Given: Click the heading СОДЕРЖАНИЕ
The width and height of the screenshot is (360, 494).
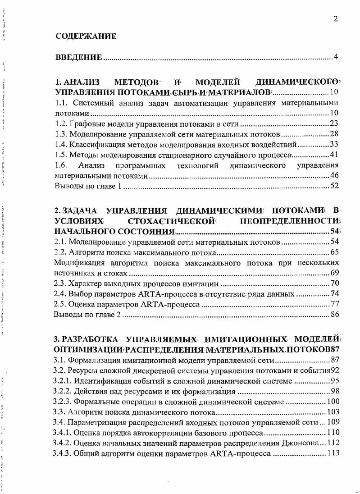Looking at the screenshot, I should pyautogui.click(x=86, y=37).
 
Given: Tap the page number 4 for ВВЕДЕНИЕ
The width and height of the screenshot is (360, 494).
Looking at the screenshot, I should pyautogui.click(x=336, y=57).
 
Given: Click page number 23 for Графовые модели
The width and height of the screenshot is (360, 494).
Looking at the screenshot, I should pyautogui.click(x=334, y=123).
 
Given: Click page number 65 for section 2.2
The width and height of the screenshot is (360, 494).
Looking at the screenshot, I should pyautogui.click(x=334, y=252).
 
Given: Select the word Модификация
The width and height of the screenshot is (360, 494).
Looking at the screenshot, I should pyautogui.click(x=77, y=263).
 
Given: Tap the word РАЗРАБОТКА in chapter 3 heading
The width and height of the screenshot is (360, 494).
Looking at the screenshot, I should pyautogui.click(x=93, y=339).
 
